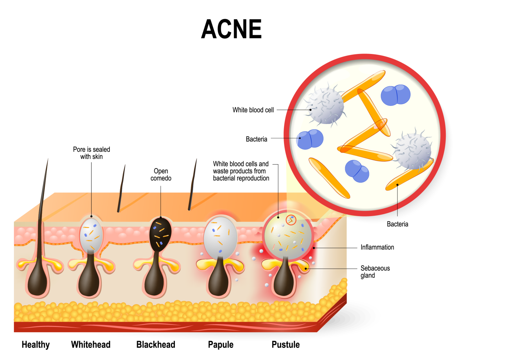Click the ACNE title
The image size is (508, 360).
tap(231, 29)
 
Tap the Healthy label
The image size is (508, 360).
tap(36, 344)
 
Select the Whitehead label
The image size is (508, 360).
tap(91, 344)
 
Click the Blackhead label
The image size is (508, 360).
tap(156, 344)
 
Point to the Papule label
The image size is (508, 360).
tap(221, 344)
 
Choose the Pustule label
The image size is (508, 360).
tap(285, 344)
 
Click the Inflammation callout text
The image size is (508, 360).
tap(377, 247)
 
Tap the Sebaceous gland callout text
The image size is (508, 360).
tap(375, 272)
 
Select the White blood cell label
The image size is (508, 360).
tap(253, 110)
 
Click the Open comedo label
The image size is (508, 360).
tap(161, 174)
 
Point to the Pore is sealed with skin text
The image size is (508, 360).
tap(91, 153)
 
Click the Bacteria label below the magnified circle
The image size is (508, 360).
tap(397, 224)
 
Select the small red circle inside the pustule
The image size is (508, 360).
tap(291, 220)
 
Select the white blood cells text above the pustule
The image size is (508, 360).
tap(241, 171)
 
